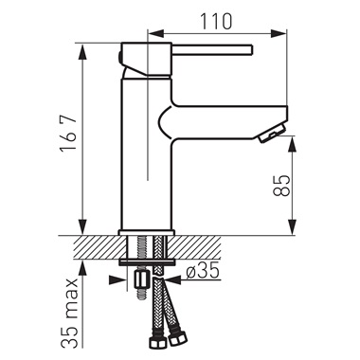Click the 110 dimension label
coord(216,22)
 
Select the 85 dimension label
coord(281,186)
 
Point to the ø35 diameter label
coord(203,271)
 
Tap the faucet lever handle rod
coord(212,50)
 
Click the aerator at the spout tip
coord(271,134)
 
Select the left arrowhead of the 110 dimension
coord(156,33)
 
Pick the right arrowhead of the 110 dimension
coord(278,33)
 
